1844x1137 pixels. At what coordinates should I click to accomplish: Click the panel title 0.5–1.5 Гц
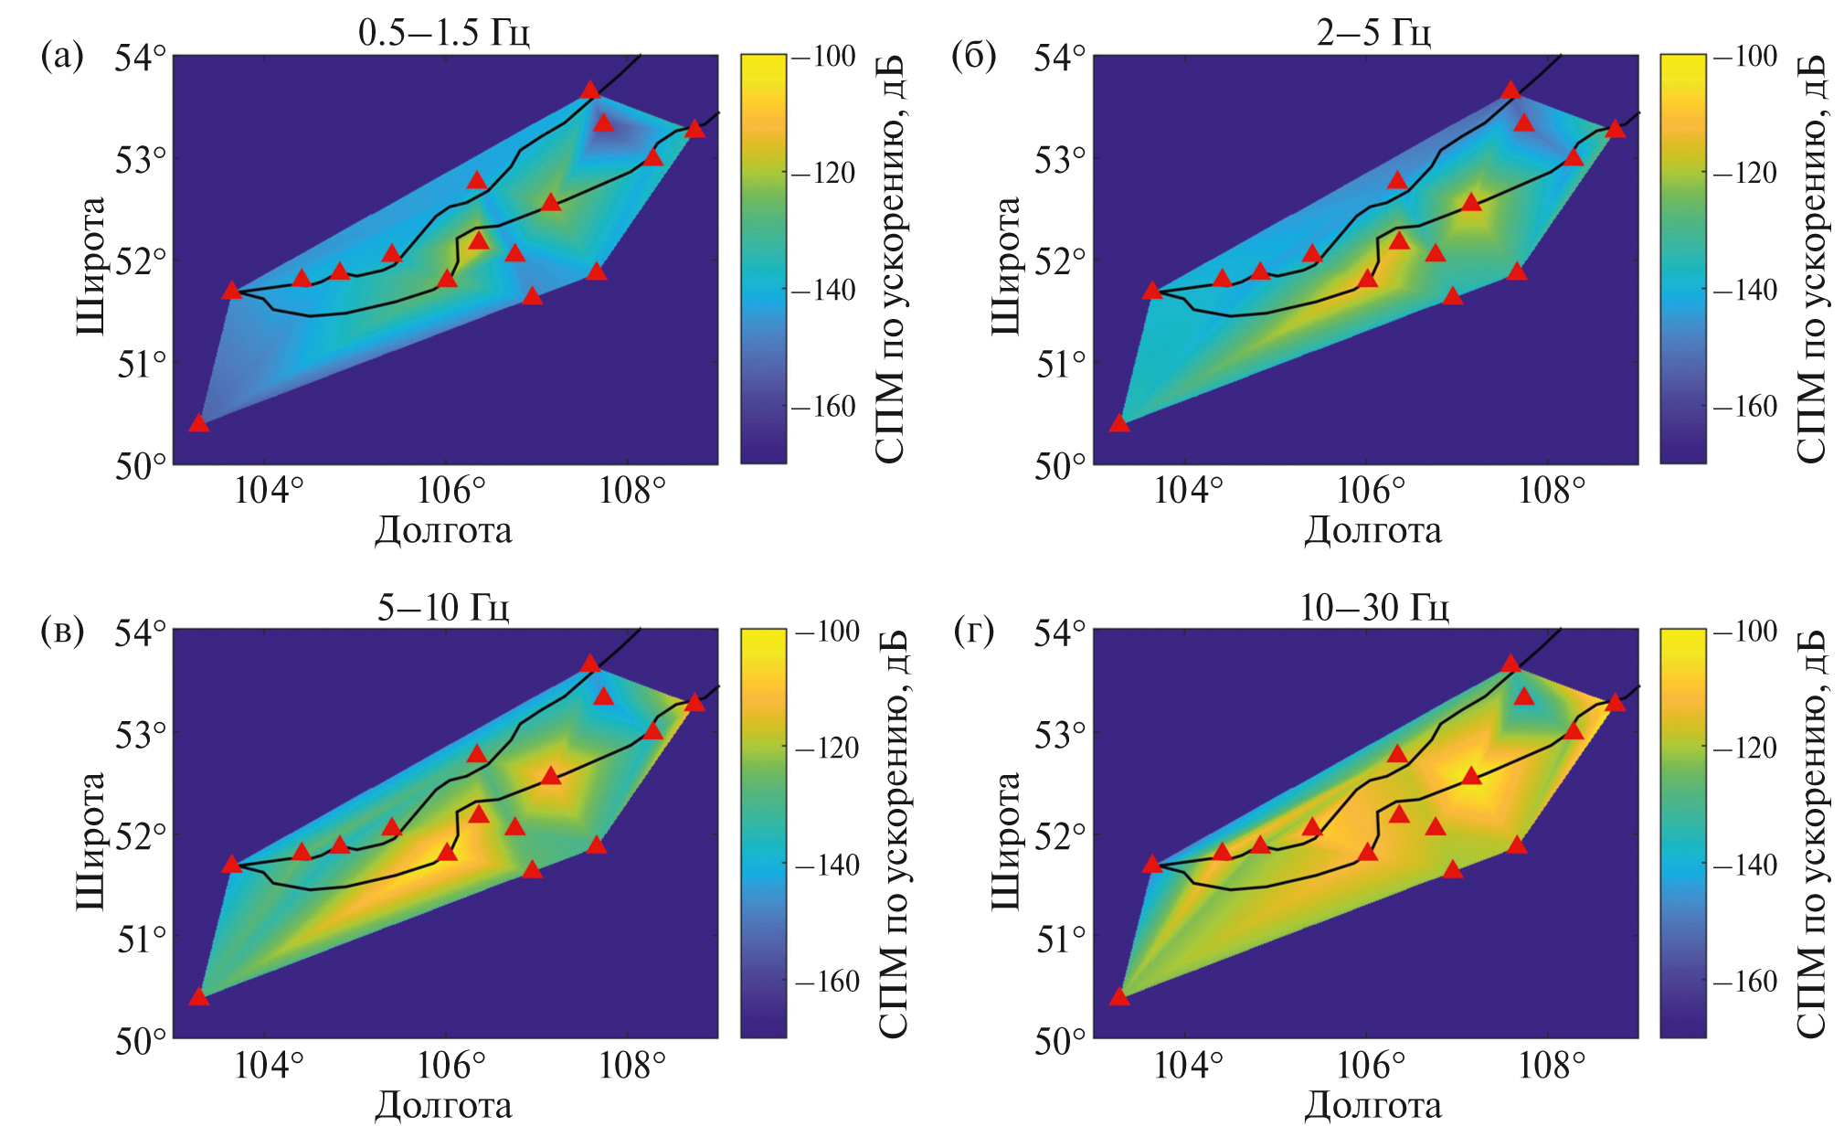click(x=443, y=32)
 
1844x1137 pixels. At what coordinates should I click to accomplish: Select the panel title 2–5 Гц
click(x=1372, y=32)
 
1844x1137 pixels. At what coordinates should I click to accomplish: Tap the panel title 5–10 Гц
click(x=443, y=607)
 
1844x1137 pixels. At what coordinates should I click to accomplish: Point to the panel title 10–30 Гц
click(x=1373, y=607)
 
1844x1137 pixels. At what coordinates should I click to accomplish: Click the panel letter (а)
click(x=62, y=57)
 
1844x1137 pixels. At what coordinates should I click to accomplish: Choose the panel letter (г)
click(x=973, y=631)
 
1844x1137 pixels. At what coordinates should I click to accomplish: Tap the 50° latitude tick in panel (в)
click(x=141, y=1041)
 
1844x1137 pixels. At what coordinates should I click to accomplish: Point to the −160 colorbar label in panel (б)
click(x=1743, y=407)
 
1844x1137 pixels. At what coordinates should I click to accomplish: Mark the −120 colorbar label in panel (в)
click(x=827, y=749)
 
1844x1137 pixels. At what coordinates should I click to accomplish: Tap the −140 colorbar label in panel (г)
click(x=1743, y=865)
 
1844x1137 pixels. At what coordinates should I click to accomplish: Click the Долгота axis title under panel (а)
click(x=443, y=531)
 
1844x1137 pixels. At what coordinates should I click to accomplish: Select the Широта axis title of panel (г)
click(x=1005, y=841)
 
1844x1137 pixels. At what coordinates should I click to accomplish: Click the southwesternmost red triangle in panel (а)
click(x=199, y=423)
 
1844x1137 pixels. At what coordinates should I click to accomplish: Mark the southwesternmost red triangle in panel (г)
click(x=1119, y=996)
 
